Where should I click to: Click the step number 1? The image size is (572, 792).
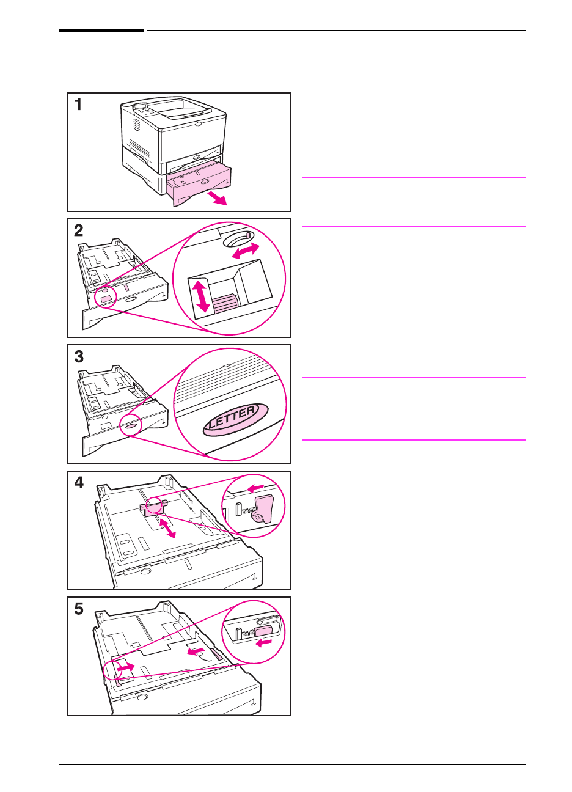78,105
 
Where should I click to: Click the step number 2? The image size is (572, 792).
78,230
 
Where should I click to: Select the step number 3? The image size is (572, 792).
79,356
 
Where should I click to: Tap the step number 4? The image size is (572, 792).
79,483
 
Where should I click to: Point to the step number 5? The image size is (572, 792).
79,609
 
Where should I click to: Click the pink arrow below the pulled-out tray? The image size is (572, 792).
217,198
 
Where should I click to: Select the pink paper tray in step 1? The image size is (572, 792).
199,182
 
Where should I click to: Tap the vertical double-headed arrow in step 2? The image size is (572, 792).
201,296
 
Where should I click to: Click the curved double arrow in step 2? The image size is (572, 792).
245,251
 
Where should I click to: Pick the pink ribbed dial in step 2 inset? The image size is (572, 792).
225,302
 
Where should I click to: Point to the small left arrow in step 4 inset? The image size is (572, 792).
255,488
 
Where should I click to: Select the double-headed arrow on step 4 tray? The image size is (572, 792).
167,528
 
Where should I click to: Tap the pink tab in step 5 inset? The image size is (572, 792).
263,631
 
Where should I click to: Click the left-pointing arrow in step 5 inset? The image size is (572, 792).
263,642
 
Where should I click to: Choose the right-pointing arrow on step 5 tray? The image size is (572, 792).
126,667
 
